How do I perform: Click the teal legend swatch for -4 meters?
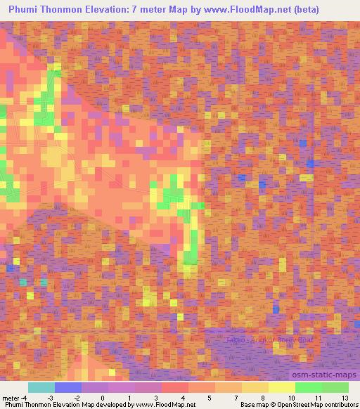[x=41, y=387]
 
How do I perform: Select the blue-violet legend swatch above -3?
[x=68, y=387]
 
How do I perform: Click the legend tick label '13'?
[x=345, y=398]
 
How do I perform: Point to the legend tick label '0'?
[x=103, y=398]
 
